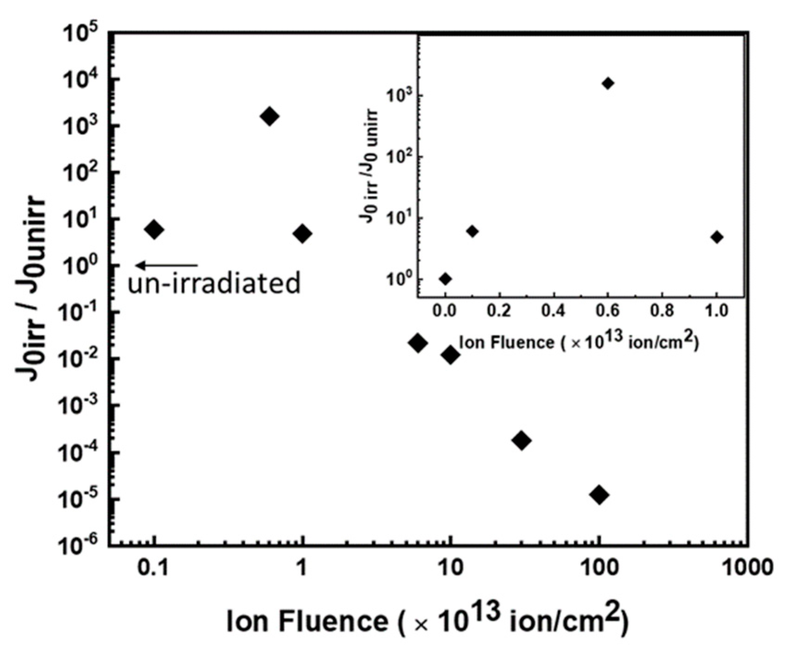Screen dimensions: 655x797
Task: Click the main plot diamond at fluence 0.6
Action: [x=270, y=116]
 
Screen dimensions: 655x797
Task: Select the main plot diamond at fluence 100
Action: [x=599, y=495]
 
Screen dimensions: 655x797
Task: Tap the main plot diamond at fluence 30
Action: [x=522, y=440]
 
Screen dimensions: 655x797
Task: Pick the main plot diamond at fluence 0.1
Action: [x=154, y=230]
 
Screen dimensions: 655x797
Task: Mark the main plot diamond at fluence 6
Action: [x=418, y=343]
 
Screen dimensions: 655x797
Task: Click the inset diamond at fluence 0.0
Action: [x=445, y=279]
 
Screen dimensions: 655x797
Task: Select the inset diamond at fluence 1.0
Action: [x=717, y=237]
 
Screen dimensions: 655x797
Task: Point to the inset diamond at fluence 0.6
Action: [x=608, y=83]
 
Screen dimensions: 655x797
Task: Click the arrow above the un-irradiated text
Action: [x=167, y=265]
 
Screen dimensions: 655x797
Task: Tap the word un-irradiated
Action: [x=214, y=283]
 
